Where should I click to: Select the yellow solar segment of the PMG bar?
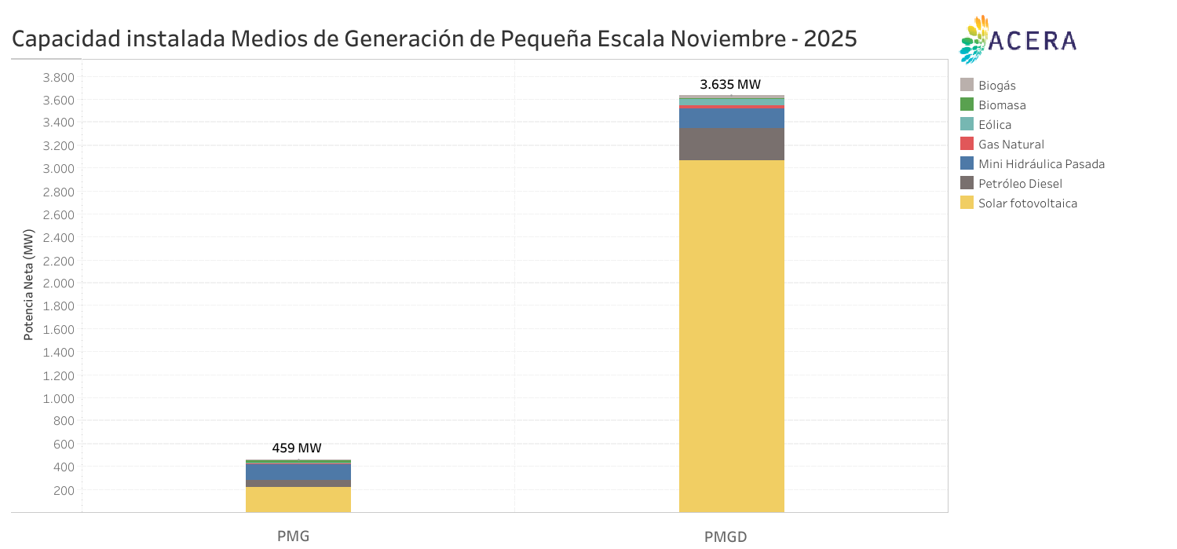pos(298,500)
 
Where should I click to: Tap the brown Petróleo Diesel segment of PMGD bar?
pos(731,145)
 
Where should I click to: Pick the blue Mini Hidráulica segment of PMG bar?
pos(298,472)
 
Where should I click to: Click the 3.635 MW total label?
pos(730,85)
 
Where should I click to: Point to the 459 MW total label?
pos(297,448)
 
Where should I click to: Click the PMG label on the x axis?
pos(294,536)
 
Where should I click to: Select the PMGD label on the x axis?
pos(726,536)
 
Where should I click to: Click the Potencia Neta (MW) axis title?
pos(29,285)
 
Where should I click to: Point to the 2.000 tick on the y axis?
pos(57,284)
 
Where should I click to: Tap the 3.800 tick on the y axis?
pos(57,77)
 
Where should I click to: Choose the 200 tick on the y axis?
pos(64,490)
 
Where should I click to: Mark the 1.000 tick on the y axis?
pos(57,398)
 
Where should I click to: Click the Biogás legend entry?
pos(996,86)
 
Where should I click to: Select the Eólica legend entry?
pos(994,125)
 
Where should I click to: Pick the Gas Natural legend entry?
pos(1011,145)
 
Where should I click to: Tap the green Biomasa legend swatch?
pos(967,104)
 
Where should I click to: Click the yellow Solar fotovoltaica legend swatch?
pos(967,203)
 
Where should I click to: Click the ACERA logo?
pos(1018,39)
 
